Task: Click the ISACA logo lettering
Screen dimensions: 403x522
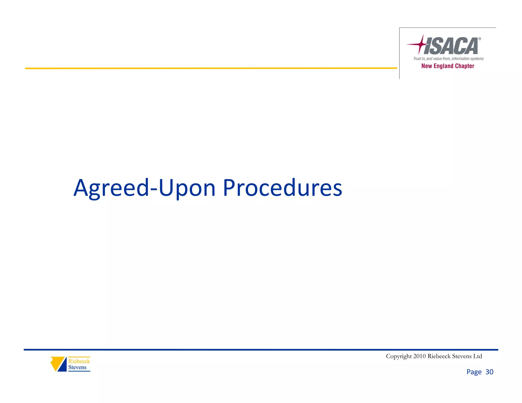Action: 451,46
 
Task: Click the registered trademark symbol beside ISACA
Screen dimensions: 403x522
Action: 480,39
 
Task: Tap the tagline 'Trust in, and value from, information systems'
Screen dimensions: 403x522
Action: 448,59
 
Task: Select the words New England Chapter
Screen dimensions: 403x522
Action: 448,66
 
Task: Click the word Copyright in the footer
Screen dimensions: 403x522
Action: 399,356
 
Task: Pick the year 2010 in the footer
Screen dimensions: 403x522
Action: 419,356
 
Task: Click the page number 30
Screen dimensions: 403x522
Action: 489,372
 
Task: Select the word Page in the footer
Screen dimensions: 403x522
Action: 474,372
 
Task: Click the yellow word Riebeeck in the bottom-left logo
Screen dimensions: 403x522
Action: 79,361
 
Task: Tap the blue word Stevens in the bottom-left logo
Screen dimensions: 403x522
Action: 77,367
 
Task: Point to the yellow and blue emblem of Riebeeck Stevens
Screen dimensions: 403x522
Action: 59,364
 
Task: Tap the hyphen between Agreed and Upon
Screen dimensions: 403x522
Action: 154,189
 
